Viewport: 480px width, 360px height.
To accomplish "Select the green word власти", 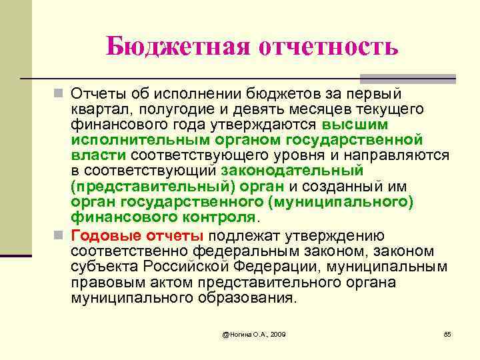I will tap(99, 155).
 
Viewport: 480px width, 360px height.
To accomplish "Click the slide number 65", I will tap(447, 333).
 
